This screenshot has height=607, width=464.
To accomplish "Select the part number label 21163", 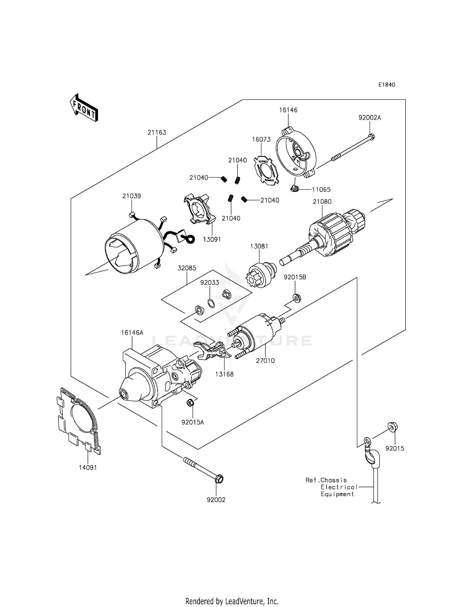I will [157, 132].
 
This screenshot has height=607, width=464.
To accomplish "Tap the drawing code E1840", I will [387, 85].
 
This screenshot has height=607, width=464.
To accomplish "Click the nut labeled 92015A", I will [190, 403].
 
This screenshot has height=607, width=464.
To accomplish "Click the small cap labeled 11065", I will [294, 187].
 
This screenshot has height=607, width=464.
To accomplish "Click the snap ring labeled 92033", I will [211, 303].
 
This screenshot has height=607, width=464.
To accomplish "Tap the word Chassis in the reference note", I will [333, 480].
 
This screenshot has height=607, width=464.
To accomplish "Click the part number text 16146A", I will [132, 333].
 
